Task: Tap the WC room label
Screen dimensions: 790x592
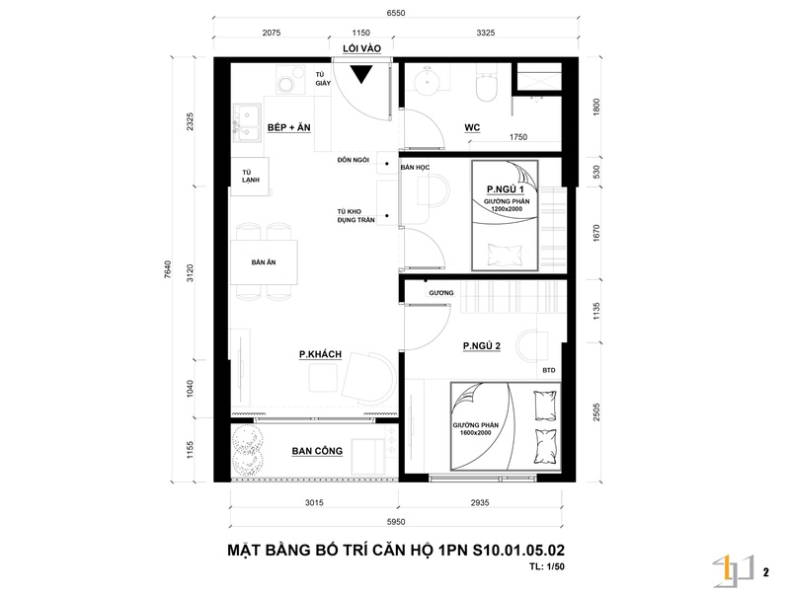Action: pos(472,127)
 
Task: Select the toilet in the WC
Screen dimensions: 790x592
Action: pos(487,86)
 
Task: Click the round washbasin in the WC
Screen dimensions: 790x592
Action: pos(428,81)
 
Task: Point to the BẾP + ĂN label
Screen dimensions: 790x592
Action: pos(289,127)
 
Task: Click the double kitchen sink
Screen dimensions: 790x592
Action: pos(246,123)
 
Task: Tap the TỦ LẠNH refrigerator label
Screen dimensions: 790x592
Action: pos(251,177)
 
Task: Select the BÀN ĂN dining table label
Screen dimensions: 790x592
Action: pos(264,262)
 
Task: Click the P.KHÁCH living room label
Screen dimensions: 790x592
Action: pos(320,354)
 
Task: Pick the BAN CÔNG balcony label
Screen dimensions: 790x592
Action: pos(317,451)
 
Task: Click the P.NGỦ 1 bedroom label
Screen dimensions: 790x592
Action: pos(506,189)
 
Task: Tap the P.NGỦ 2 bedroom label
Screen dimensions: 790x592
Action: pos(482,346)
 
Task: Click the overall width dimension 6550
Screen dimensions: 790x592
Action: pos(396,13)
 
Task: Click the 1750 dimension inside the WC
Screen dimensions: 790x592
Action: pos(518,137)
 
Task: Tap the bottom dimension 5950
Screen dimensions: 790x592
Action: pos(396,522)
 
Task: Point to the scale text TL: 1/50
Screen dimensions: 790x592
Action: pos(547,566)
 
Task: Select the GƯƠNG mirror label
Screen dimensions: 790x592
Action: pos(441,293)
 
